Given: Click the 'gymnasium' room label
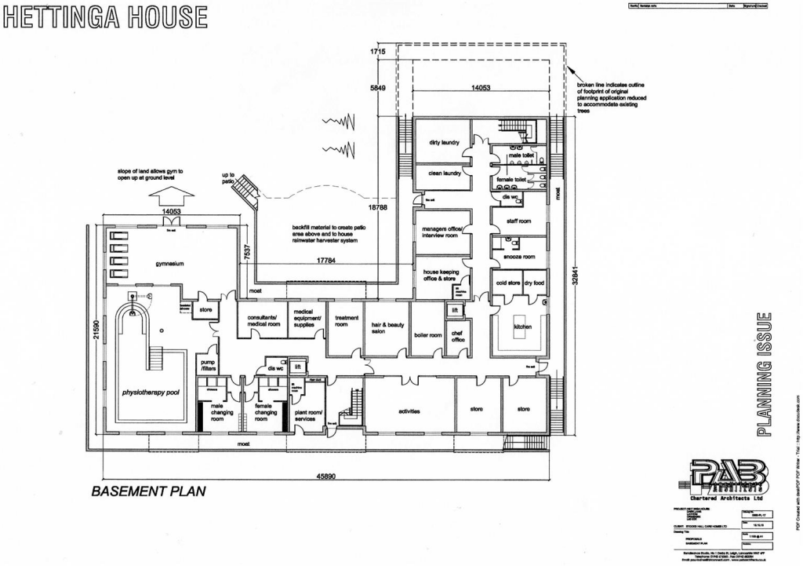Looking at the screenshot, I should point(169,264).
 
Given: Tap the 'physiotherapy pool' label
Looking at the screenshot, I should point(151,391).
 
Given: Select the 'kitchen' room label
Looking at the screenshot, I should point(523,327).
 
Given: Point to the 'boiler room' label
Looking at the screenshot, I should point(428,334).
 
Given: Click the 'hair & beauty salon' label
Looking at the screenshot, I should point(385,327).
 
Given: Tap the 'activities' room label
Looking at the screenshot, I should point(409,411).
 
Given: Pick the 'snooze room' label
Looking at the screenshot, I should point(518,257).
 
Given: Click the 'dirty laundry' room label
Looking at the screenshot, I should point(444,143).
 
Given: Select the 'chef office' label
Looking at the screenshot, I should point(458,337).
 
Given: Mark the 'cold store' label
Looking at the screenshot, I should point(507,283).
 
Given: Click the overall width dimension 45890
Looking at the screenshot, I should point(324,477).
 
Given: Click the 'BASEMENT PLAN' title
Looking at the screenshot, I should point(148,491).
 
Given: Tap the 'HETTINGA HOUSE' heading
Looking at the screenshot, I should point(105,17).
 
